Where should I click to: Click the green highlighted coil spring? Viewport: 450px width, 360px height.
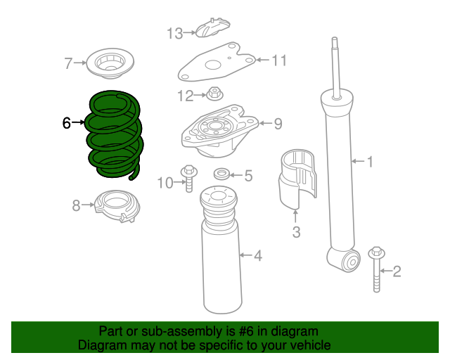tap(114, 134)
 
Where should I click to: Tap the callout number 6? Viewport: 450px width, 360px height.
tap(67, 124)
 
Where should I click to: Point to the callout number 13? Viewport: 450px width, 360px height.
tap(174, 32)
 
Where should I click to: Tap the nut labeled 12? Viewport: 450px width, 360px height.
tap(214, 93)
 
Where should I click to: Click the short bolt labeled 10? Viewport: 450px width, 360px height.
tap(188, 177)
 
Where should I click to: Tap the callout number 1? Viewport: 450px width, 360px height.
tap(370, 162)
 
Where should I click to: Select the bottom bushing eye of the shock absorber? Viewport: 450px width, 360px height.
tap(349, 262)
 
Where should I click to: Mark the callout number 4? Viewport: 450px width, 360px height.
tap(258, 256)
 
